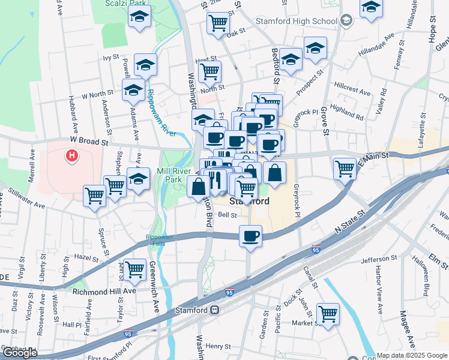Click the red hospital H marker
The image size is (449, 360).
(x=71, y=157)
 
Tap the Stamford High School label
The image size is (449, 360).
(x=304, y=22)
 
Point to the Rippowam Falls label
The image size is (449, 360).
(x=158, y=237)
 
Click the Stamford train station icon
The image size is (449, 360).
(x=214, y=310)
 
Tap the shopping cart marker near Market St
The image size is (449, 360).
(x=328, y=313)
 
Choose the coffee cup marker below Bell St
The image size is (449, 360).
(x=250, y=235)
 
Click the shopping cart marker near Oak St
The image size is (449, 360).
(x=217, y=23)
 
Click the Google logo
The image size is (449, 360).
(x=19, y=353)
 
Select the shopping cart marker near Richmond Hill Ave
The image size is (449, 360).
(x=134, y=269)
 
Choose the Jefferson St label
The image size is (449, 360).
(x=376, y=260)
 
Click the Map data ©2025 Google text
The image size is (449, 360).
(x=412, y=355)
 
